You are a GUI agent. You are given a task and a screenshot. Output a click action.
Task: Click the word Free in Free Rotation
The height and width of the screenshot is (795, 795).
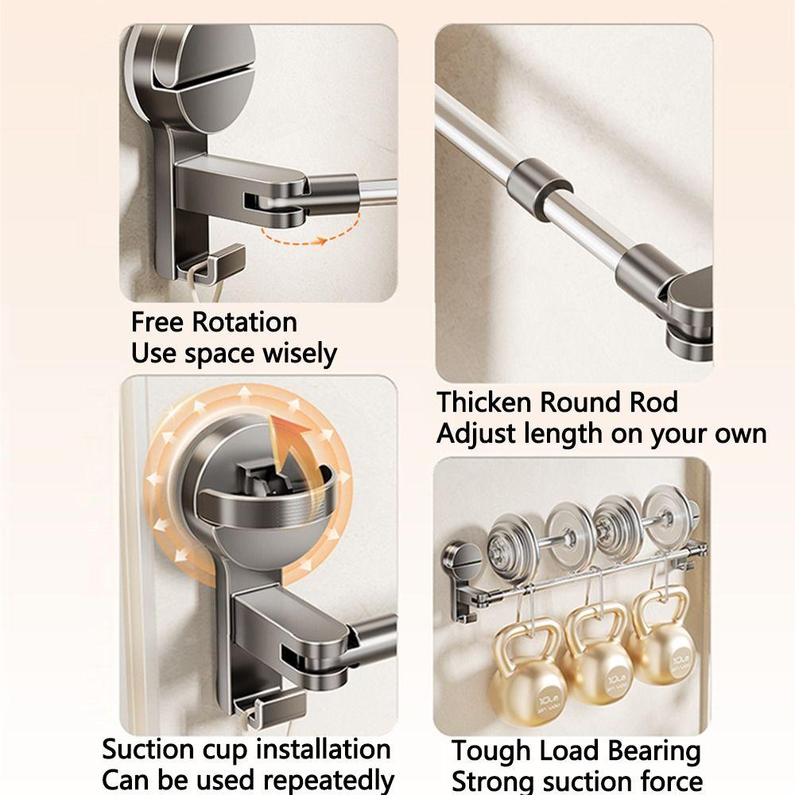(x=156, y=323)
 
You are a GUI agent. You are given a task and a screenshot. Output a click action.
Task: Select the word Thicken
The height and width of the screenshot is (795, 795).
(x=484, y=402)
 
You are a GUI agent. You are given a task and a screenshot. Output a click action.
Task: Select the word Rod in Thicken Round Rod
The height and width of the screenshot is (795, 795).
(x=654, y=402)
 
